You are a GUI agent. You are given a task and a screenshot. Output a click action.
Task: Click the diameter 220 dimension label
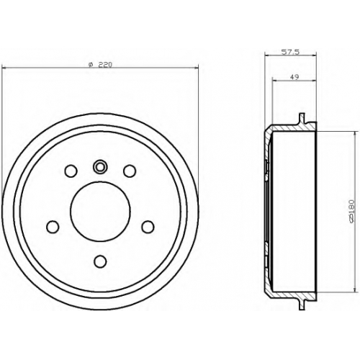(100, 65)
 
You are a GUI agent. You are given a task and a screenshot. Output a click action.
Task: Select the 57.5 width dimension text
(290, 52)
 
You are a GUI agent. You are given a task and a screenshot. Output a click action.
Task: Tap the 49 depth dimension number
(294, 77)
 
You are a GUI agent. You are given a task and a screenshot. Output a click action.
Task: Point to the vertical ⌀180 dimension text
(351, 211)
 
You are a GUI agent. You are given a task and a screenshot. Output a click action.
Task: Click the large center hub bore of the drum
(100, 211)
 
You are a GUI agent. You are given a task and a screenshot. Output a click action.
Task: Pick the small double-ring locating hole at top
(100, 166)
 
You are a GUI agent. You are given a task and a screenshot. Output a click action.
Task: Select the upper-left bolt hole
(71, 171)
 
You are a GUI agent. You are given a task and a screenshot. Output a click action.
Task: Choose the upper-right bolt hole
(130, 171)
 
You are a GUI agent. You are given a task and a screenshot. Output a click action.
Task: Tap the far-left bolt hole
(53, 227)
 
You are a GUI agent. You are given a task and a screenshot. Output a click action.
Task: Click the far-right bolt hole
(148, 227)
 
